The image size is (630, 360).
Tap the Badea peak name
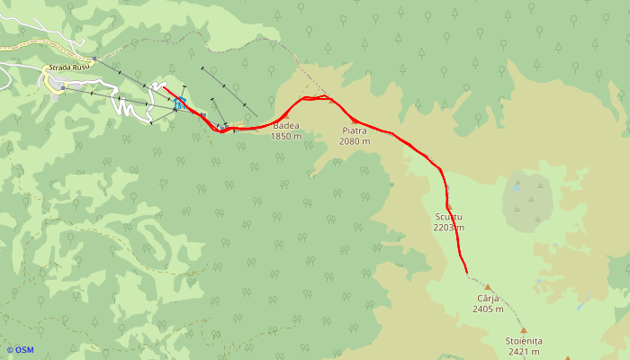285,126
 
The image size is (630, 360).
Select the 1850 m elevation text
285,136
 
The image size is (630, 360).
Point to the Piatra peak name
355,131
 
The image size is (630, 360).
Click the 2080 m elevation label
355,141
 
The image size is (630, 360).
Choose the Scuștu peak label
447,218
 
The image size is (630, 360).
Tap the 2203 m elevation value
448,228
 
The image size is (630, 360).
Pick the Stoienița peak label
523,341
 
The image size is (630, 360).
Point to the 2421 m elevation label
523,352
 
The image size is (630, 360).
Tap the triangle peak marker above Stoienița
523,330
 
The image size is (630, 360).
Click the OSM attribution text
20,350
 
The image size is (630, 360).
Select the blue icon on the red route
181,104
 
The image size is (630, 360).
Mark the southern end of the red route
467,271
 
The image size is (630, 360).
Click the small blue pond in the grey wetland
517,189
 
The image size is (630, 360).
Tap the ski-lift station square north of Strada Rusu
94,59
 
